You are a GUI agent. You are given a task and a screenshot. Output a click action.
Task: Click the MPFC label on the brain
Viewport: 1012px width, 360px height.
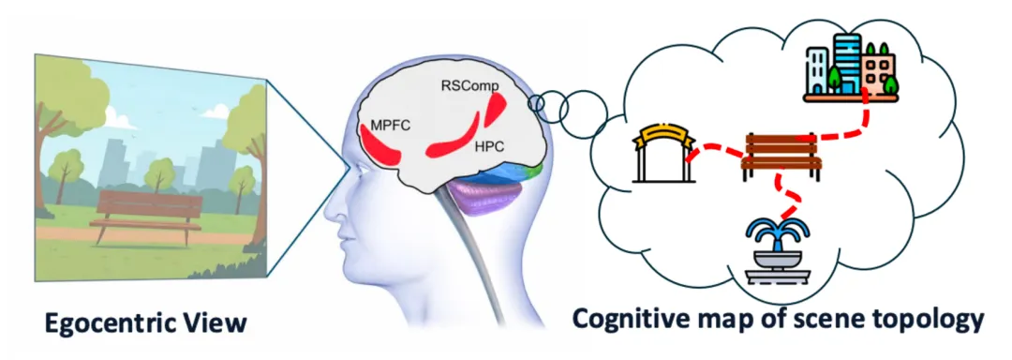click(390, 125)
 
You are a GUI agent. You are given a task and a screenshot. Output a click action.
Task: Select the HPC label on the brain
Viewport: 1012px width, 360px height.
click(488, 146)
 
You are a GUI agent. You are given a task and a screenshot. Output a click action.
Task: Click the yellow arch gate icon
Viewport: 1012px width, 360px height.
click(664, 154)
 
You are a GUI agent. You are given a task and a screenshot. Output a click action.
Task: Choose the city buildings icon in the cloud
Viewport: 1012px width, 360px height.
click(851, 67)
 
